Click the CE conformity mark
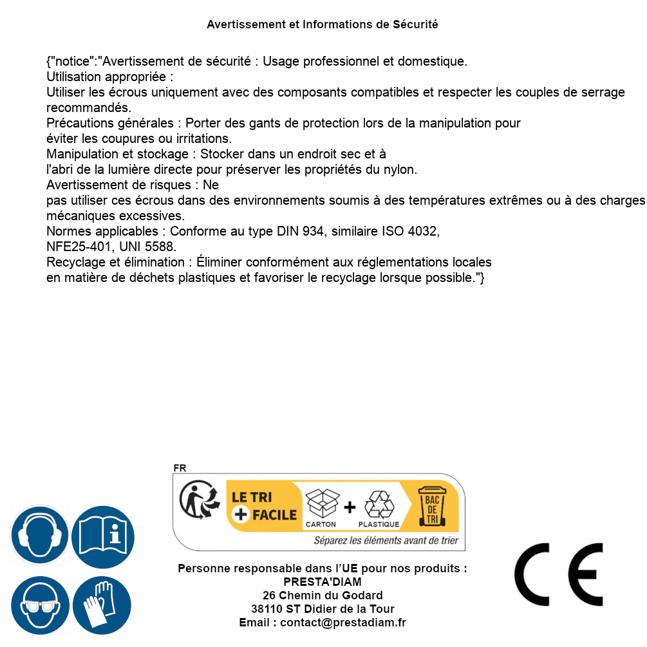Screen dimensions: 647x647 559,575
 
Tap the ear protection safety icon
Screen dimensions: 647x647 39,536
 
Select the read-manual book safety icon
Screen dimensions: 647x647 103,536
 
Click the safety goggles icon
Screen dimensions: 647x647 39,606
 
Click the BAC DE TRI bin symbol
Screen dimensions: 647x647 432,508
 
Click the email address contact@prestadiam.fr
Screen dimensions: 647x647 343,623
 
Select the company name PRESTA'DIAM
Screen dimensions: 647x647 323,582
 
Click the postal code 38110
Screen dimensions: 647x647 267,609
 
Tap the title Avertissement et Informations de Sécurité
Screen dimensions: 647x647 323,24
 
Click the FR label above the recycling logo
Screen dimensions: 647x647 180,468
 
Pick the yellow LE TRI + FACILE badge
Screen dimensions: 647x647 264,506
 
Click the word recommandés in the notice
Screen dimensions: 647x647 88,108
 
